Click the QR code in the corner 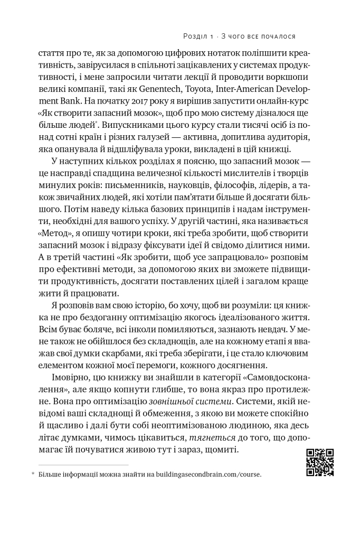(320, 462)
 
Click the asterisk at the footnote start (32, 474)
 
